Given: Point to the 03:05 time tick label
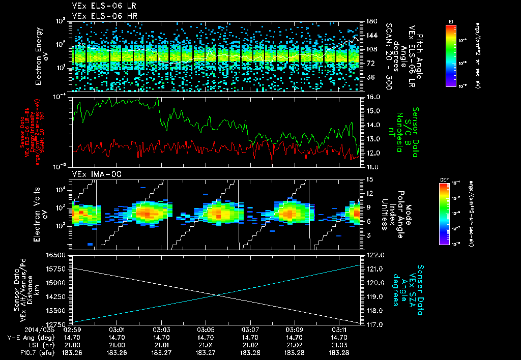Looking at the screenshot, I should click(x=206, y=330).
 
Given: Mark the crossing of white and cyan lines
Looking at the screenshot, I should click(x=217, y=295).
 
